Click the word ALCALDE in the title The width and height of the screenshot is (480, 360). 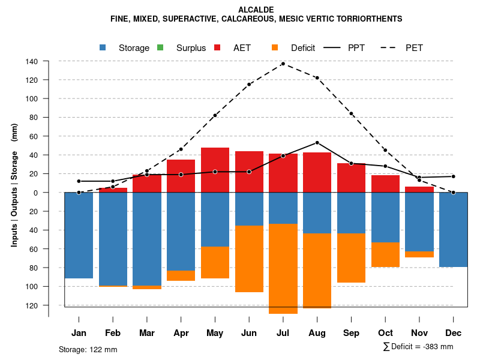pyautogui.click(x=256, y=10)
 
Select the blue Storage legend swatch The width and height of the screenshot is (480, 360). pyautogui.click(x=104, y=47)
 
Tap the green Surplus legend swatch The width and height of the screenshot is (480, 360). pyautogui.click(x=160, y=47)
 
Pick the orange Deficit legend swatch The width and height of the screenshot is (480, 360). pyautogui.click(x=275, y=47)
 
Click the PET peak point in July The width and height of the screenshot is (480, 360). pyautogui.click(x=283, y=63)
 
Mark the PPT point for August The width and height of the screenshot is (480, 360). pyautogui.click(x=317, y=143)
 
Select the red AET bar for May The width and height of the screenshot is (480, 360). pyautogui.click(x=215, y=170)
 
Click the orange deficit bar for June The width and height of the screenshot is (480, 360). pyautogui.click(x=249, y=259)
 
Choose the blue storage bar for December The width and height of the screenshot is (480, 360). pyautogui.click(x=453, y=229)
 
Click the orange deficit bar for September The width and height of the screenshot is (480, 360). pyautogui.click(x=351, y=258)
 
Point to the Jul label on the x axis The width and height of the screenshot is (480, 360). pyautogui.click(x=283, y=333)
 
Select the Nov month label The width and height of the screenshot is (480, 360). pyautogui.click(x=419, y=333)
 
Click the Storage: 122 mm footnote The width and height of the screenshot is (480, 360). pyautogui.click(x=88, y=349)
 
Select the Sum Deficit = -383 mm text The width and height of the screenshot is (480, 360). pyautogui.click(x=418, y=347)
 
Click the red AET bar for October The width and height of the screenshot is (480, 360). pyautogui.click(x=385, y=184)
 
